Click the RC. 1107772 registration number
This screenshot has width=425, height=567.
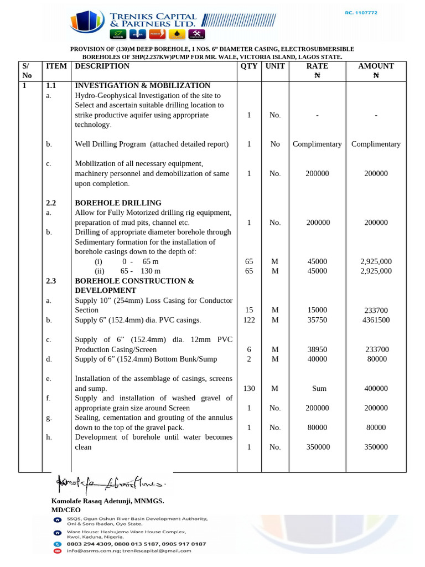tap(361, 13)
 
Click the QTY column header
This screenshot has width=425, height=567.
tap(249, 66)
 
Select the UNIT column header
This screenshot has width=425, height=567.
tap(275, 66)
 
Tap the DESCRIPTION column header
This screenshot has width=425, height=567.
tap(102, 66)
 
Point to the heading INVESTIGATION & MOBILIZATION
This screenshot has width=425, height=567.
tap(142, 85)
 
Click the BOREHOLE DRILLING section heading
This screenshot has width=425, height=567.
tap(118, 203)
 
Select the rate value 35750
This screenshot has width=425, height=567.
tap(317, 320)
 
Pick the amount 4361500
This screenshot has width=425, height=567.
tap(376, 320)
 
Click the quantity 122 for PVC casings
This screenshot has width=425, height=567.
tap(249, 320)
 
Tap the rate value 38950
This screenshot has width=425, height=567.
tap(317, 349)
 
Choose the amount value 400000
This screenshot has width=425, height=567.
tap(376, 389)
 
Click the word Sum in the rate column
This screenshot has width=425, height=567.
tap(319, 389)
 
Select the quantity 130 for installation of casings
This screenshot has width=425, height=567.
tap(249, 389)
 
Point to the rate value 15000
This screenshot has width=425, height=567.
tap(317, 310)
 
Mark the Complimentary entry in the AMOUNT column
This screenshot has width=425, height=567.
tap(376, 144)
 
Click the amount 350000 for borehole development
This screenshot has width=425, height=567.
tap(376, 447)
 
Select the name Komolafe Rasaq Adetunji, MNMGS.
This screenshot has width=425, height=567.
tap(107, 501)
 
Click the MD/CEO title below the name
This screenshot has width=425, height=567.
tap(66, 509)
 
